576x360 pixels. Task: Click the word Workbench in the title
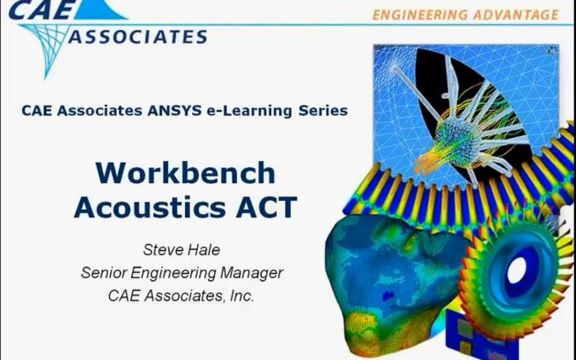tap(185, 173)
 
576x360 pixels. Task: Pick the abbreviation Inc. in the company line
tap(241, 296)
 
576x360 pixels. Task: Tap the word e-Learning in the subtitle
tap(255, 111)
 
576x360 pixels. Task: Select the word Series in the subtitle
tap(322, 111)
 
